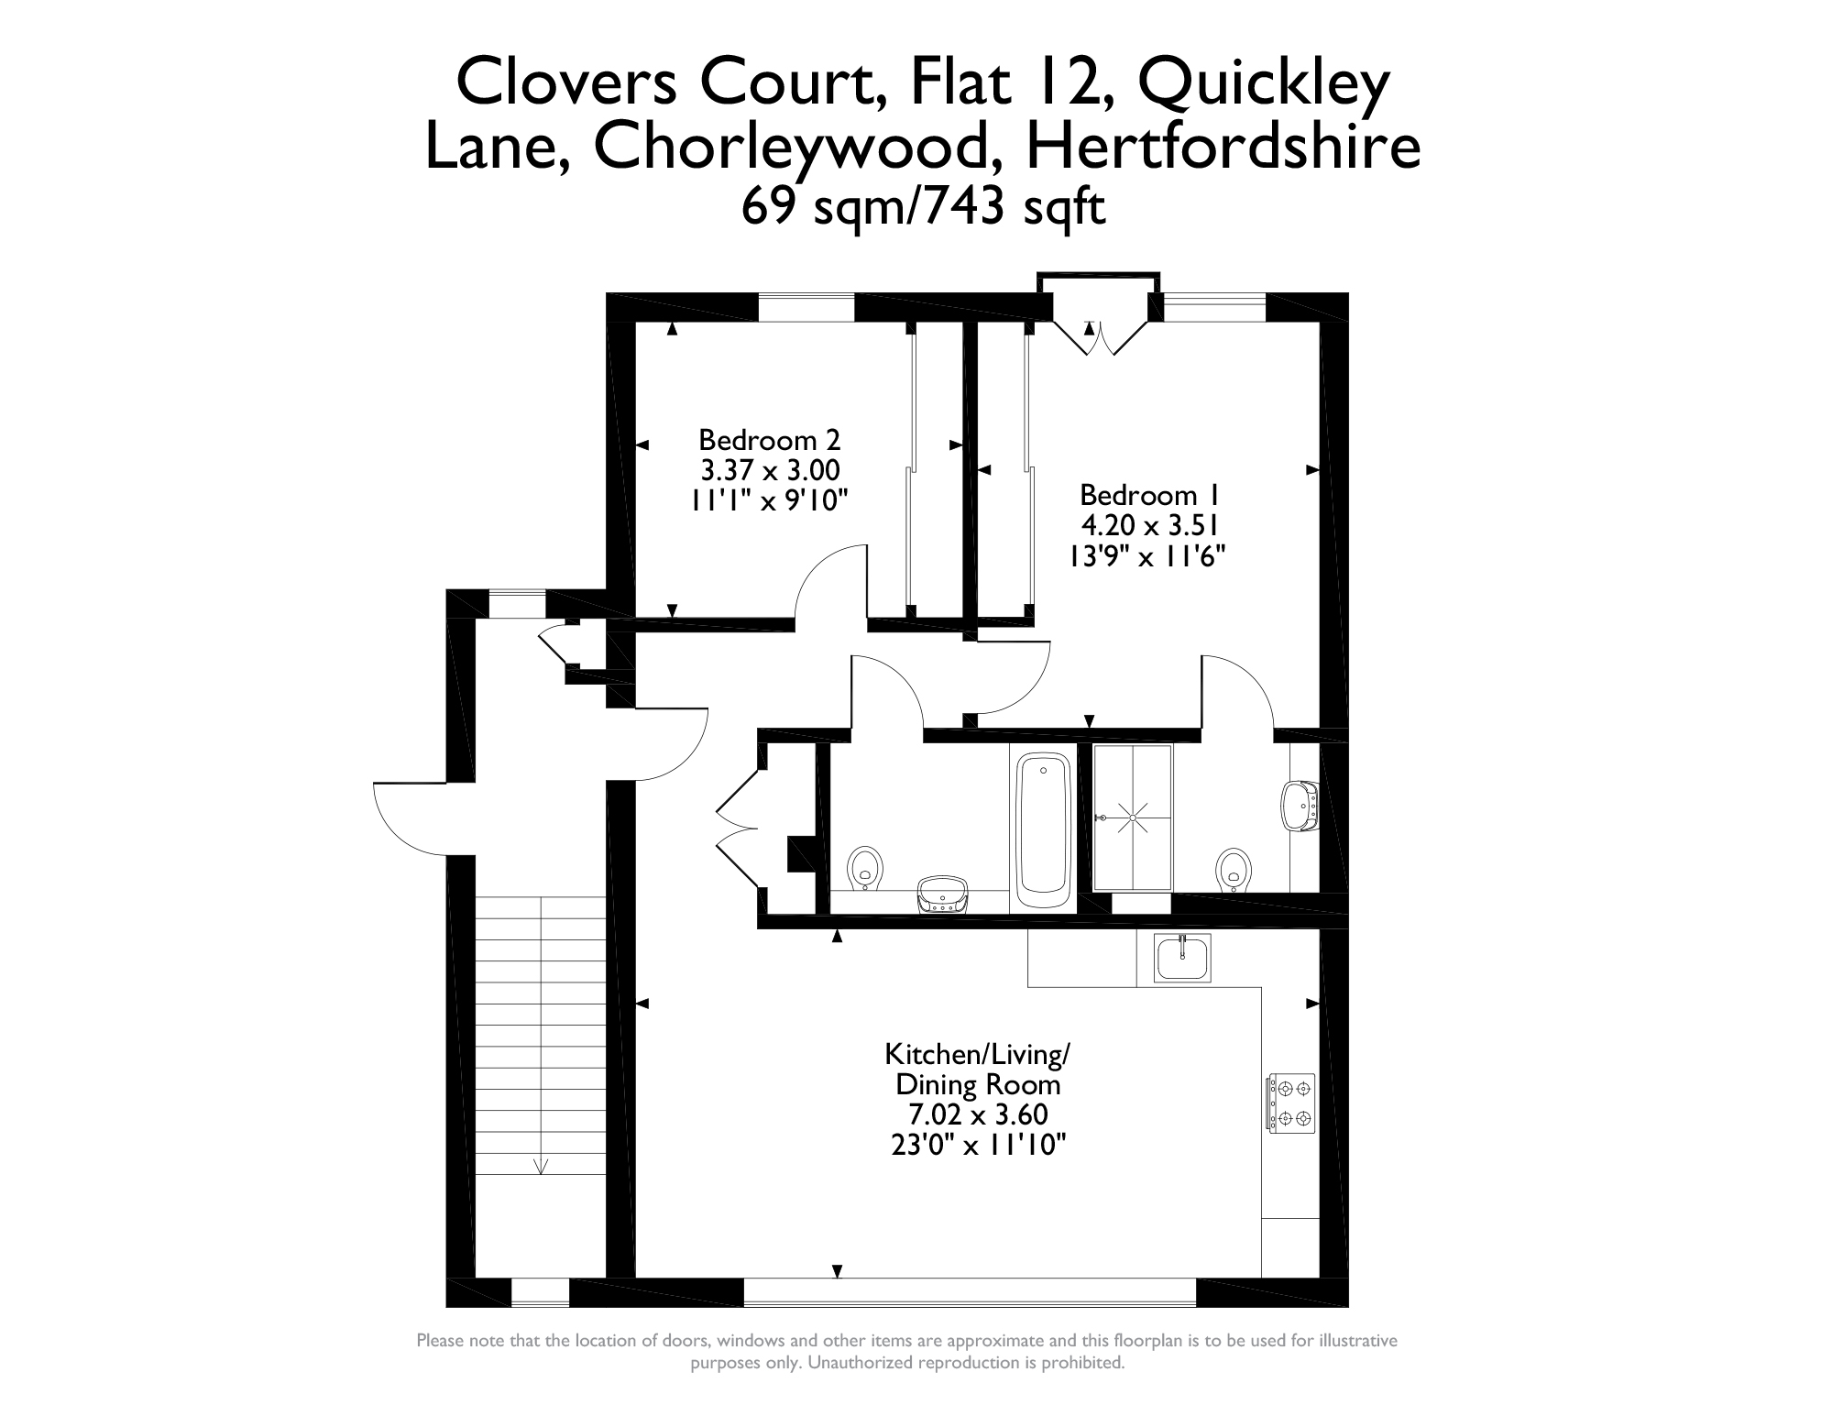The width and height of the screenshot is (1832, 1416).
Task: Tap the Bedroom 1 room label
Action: tap(1149, 495)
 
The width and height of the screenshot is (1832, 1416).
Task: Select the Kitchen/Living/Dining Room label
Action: tap(977, 1070)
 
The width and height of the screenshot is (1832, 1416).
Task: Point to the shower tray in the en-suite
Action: tap(1133, 817)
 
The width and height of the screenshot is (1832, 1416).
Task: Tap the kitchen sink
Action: tap(1182, 960)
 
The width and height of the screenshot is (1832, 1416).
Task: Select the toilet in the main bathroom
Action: tap(865, 868)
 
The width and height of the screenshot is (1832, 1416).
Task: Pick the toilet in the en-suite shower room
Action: tap(1234, 870)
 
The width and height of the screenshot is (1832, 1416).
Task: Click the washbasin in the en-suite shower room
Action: tap(1299, 804)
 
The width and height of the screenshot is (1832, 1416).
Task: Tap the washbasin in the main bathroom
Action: tap(942, 894)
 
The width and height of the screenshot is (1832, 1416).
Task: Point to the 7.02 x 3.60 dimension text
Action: tap(977, 1114)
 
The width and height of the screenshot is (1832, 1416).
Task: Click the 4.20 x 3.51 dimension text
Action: tap(1149, 525)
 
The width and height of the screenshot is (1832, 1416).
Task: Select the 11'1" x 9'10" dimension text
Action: tap(770, 500)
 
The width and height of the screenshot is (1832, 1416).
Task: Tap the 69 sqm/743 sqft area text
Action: tap(923, 206)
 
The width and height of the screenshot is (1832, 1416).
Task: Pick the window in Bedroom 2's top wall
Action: tap(806, 307)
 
